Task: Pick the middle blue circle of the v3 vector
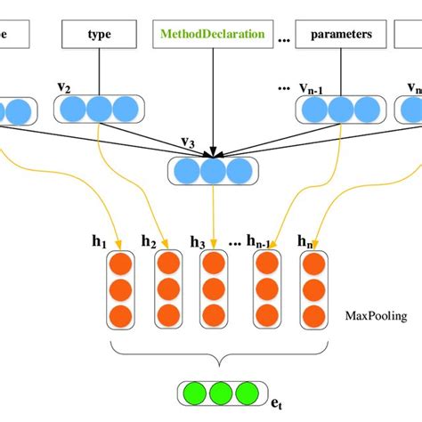tap(213, 170)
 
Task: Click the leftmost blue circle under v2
tap(73, 110)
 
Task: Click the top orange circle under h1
tap(119, 264)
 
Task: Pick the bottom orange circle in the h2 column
tap(167, 314)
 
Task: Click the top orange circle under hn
tap(312, 264)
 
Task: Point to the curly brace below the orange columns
tap(219, 353)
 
